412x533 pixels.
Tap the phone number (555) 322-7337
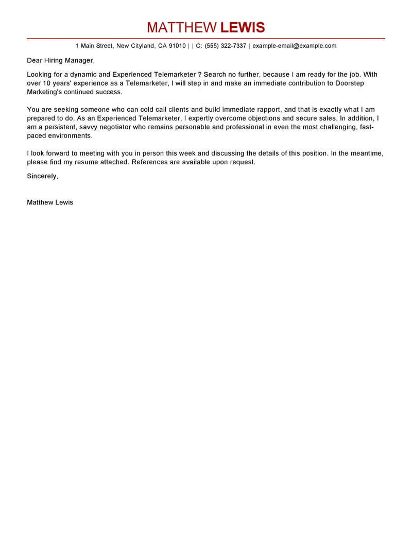(x=226, y=46)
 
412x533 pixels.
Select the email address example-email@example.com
(x=295, y=46)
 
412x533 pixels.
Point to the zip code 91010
(x=177, y=46)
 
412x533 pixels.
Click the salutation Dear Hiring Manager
(x=61, y=60)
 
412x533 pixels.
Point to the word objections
(x=251, y=118)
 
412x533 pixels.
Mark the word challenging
(x=337, y=127)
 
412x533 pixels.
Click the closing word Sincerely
(x=42, y=176)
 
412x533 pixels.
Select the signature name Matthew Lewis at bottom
(x=50, y=202)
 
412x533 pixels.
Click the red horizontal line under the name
(x=206, y=39)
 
